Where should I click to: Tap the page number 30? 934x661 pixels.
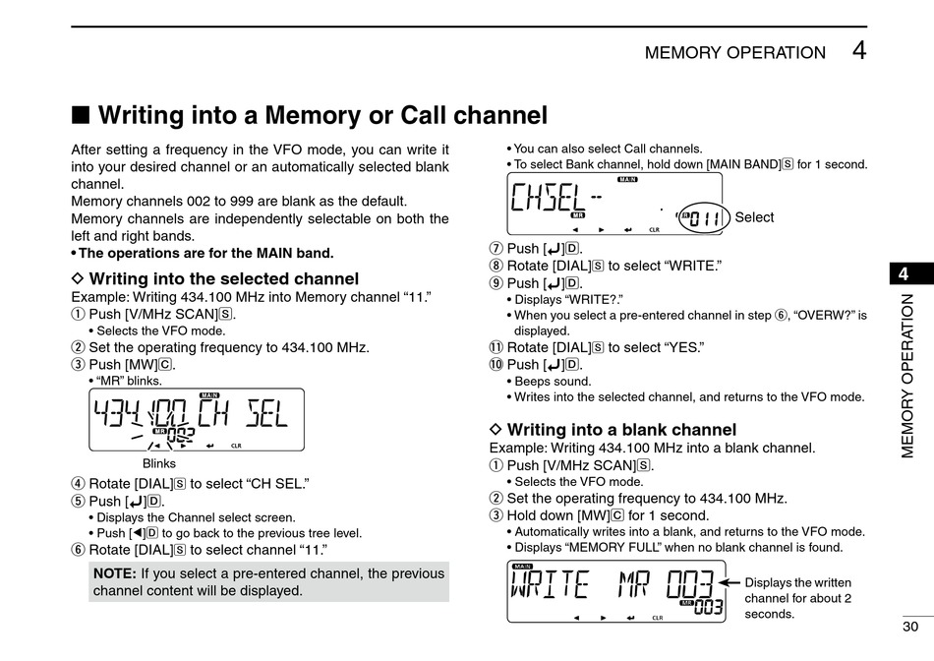(x=910, y=627)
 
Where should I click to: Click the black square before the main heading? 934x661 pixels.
(x=81, y=115)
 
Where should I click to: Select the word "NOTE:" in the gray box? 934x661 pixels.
(x=115, y=573)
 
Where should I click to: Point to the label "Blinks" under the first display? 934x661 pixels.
(x=159, y=463)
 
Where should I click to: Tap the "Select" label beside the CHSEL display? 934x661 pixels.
(x=754, y=217)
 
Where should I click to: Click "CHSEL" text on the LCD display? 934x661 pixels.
(x=547, y=201)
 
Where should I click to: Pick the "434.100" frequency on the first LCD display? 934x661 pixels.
(x=139, y=413)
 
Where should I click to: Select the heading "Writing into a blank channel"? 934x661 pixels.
(x=620, y=430)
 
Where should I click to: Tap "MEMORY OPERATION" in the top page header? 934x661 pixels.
(x=735, y=53)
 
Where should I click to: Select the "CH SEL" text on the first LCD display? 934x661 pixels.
(x=243, y=413)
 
